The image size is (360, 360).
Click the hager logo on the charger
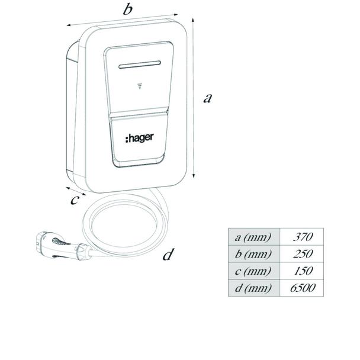point(139,138)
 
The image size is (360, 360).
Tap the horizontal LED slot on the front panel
point(140,65)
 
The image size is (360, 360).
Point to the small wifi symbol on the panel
point(140,86)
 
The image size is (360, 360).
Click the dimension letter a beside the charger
point(208,98)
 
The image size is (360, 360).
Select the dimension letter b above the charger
point(128,9)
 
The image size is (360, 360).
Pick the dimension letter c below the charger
point(75,200)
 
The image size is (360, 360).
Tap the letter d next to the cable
point(168,255)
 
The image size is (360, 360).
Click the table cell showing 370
point(302,237)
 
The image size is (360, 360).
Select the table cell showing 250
point(302,253)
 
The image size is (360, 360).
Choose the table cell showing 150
point(302,271)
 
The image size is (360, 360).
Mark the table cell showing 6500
point(302,288)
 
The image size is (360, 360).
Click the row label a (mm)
point(253,237)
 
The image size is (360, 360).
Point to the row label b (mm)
point(253,254)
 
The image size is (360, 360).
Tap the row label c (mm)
point(253,271)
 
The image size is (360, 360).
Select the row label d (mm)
point(253,288)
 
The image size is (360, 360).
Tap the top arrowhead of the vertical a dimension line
point(193,20)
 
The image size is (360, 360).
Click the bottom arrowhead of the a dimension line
point(194,176)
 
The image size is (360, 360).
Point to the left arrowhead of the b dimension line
point(69,25)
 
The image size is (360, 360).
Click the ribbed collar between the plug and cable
point(82,252)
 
